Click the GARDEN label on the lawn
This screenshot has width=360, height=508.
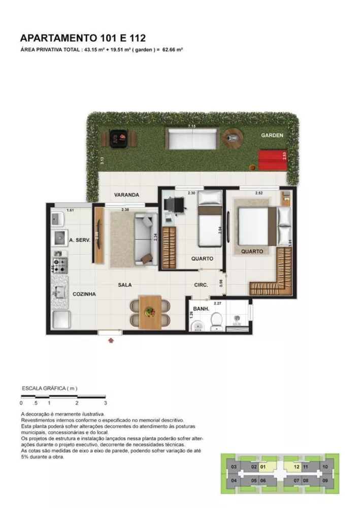tap(272, 136)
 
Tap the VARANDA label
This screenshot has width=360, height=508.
tap(126, 195)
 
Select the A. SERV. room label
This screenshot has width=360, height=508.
tap(79, 241)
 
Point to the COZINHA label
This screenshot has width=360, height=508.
tap(84, 294)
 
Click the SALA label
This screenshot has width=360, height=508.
tap(125, 285)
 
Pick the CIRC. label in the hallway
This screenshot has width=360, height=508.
tap(201, 285)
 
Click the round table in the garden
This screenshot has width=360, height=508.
tap(233, 137)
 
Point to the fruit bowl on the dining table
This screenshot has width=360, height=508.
tap(149, 312)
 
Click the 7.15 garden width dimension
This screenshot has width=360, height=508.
tap(191, 125)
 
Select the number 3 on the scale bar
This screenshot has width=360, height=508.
tap(105, 403)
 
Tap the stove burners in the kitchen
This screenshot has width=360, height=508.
tap(60, 264)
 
